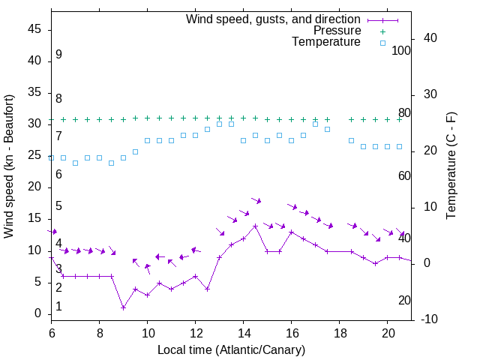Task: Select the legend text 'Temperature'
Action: pyautogui.click(x=326, y=42)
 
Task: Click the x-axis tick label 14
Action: pyautogui.click(x=244, y=331)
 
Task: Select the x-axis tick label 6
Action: pyautogui.click(x=52, y=331)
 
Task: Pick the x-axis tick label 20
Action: pyautogui.click(x=388, y=331)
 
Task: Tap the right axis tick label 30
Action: pyautogui.click(x=424, y=94)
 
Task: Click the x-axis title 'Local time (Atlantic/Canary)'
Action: pyautogui.click(x=231, y=349)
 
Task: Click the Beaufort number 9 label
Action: pyautogui.click(x=58, y=55)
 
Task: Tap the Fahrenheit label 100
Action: pyautogui.click(x=401, y=51)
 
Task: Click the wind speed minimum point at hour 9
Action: pyautogui.click(x=124, y=307)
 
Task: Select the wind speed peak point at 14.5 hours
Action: pyautogui.click(x=256, y=226)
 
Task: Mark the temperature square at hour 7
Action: pyautogui.click(x=76, y=163)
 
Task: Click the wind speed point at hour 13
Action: pyautogui.click(x=220, y=257)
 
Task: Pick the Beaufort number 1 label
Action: pyautogui.click(x=58, y=307)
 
